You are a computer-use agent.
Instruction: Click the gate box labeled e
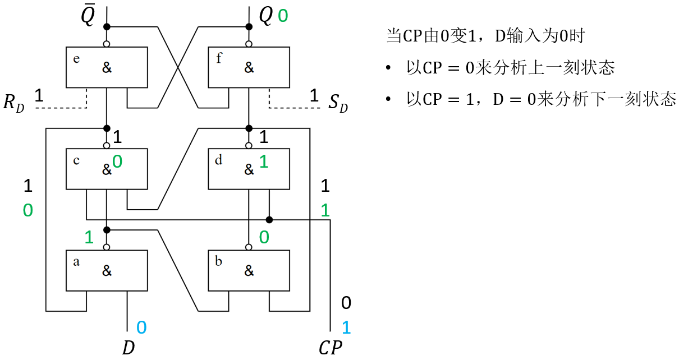point(107,67)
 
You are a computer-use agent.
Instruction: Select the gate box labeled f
point(249,67)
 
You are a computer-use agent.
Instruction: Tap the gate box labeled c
point(107,169)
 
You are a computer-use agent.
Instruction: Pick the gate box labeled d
point(249,169)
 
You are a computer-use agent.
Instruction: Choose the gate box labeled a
point(107,270)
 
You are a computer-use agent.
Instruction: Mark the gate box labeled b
point(249,270)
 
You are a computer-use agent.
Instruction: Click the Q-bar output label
point(88,17)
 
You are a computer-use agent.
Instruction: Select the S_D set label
point(338,104)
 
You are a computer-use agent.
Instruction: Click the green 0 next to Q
point(283,16)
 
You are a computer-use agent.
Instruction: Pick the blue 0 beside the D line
point(141,327)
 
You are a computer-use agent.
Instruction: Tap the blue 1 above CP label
point(346,327)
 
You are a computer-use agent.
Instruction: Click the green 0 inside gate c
point(117,162)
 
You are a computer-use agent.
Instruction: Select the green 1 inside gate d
point(264,162)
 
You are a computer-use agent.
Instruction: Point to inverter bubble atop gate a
point(107,247)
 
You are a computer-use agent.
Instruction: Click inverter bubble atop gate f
point(249,44)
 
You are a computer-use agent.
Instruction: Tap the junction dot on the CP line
point(269,219)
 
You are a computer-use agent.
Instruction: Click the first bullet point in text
point(388,68)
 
